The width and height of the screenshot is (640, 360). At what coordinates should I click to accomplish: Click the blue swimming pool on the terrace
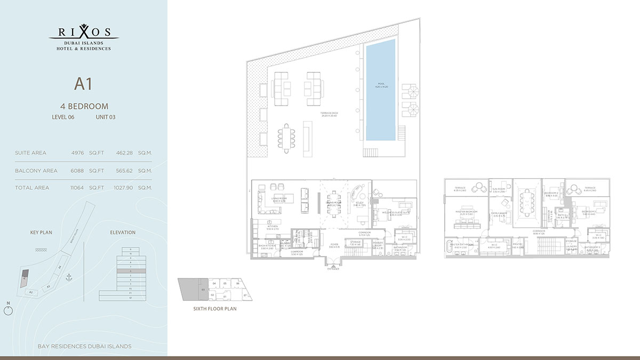click(x=381, y=90)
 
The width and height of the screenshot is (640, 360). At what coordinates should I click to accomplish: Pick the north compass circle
click(x=7, y=311)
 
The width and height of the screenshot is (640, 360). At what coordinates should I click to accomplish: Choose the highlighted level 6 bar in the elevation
click(x=130, y=271)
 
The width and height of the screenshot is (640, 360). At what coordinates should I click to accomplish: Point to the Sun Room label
click(x=499, y=190)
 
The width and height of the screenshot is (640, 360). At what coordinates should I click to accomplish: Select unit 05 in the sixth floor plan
click(x=225, y=283)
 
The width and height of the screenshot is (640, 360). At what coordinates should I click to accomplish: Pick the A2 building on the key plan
click(x=31, y=292)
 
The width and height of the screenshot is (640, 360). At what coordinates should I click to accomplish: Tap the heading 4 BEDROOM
click(x=84, y=106)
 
